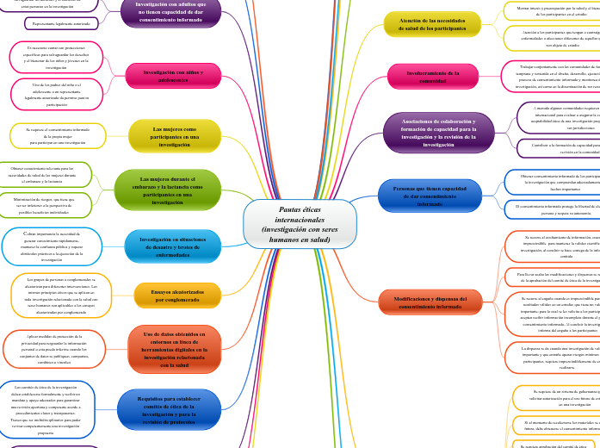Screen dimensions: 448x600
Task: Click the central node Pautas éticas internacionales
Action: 300,224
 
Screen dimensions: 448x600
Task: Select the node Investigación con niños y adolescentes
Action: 173,77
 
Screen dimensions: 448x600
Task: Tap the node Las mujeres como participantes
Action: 174,137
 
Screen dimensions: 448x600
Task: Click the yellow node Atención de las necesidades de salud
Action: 432,24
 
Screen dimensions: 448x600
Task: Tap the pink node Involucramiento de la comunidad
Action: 432,77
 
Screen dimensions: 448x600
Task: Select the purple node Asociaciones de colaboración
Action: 438,133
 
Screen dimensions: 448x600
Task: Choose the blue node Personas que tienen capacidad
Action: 430,195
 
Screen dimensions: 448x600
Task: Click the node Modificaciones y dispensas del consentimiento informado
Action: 430,302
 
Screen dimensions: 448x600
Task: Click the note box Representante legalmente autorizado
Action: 60,24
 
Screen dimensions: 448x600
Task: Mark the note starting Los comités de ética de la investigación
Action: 46,409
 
